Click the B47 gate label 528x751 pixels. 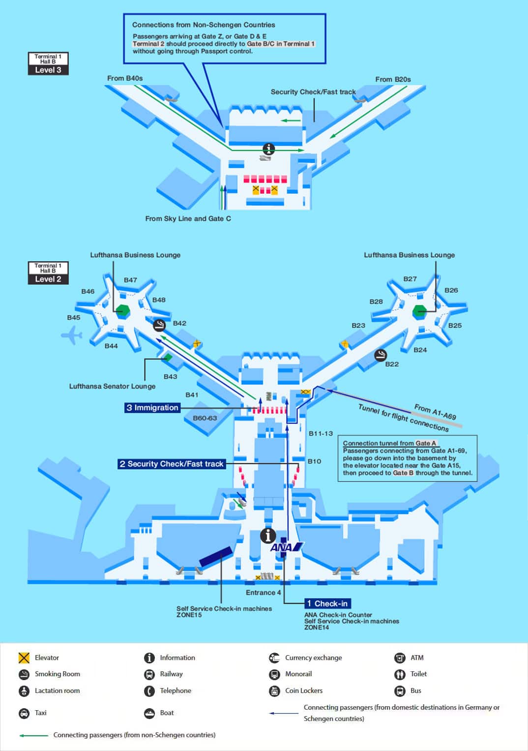130,280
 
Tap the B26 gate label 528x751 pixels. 451,290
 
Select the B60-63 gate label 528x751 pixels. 205,418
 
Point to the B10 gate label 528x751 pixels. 314,461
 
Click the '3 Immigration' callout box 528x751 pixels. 152,408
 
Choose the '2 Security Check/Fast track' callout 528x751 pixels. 171,464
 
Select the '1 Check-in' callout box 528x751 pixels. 327,603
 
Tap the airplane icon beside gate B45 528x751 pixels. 71,335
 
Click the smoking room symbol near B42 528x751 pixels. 159,325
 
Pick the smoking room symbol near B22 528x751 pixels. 380,355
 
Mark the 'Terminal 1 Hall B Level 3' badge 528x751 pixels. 48,64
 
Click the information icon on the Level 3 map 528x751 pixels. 268,149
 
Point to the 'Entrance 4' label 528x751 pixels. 263,593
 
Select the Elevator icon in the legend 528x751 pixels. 24,658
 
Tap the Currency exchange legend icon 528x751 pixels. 274,658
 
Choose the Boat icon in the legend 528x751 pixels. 149,713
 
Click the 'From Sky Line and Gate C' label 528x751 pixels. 188,218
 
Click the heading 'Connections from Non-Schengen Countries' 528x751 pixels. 204,25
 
